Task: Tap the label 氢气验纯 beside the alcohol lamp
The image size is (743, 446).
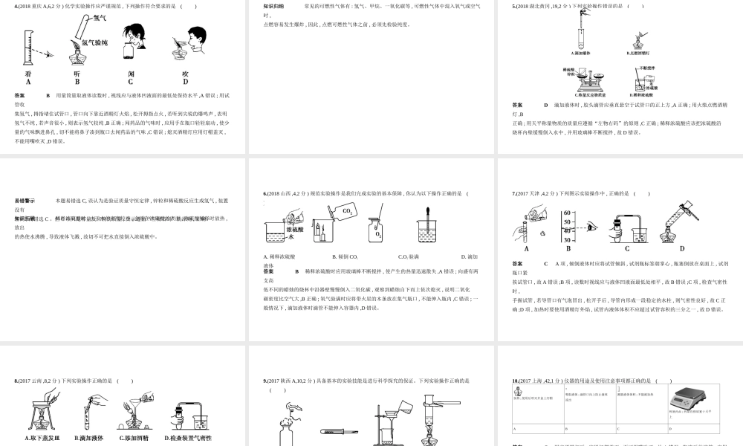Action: click(x=94, y=43)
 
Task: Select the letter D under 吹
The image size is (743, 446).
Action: click(x=185, y=83)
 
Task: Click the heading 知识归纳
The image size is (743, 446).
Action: click(x=273, y=6)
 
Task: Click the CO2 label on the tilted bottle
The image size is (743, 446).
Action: click(x=347, y=212)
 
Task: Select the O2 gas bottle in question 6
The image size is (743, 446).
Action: click(x=377, y=232)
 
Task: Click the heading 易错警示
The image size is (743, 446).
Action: click(x=25, y=201)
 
